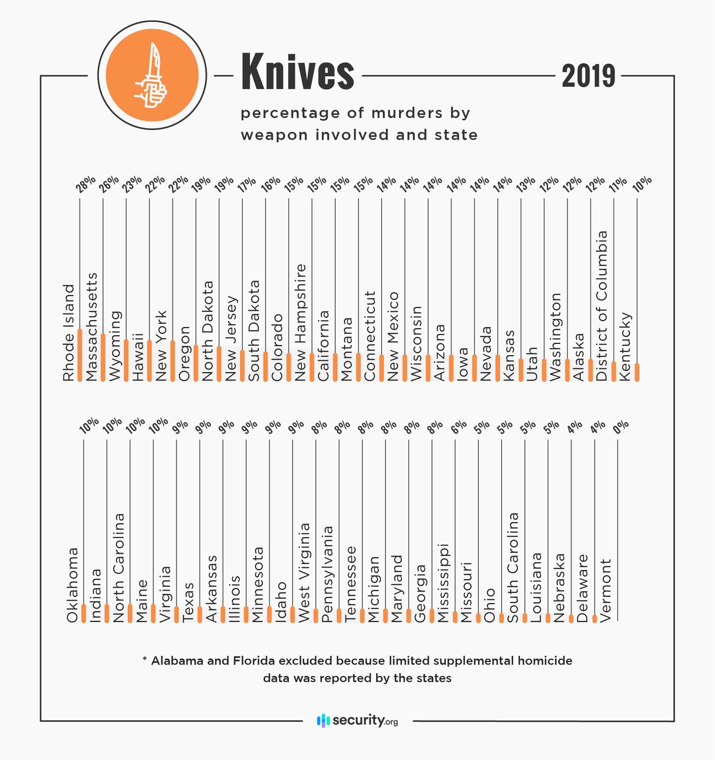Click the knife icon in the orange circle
click(x=151, y=75)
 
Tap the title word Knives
click(x=297, y=72)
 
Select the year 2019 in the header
click(x=588, y=76)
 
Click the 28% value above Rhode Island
click(x=85, y=184)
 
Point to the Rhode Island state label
click(x=68, y=333)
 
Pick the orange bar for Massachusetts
click(x=103, y=357)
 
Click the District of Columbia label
click(x=602, y=306)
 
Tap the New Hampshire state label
click(x=300, y=322)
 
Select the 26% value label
click(x=108, y=184)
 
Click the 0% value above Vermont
click(x=620, y=427)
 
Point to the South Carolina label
click(x=513, y=567)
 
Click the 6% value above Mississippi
click(x=459, y=427)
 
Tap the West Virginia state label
click(x=304, y=572)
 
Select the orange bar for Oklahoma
click(x=84, y=613)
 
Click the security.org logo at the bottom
click(x=357, y=720)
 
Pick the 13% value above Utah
click(x=526, y=184)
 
